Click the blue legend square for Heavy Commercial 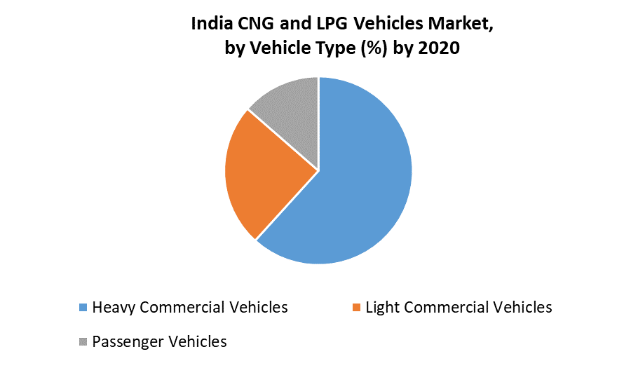coord(83,308)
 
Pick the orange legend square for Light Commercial coord(357,308)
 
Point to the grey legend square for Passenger coord(83,342)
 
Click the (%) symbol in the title coord(376,49)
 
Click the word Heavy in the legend coord(112,308)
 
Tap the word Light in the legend coord(382,308)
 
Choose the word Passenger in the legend coord(126,342)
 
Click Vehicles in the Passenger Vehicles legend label coord(196,342)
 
